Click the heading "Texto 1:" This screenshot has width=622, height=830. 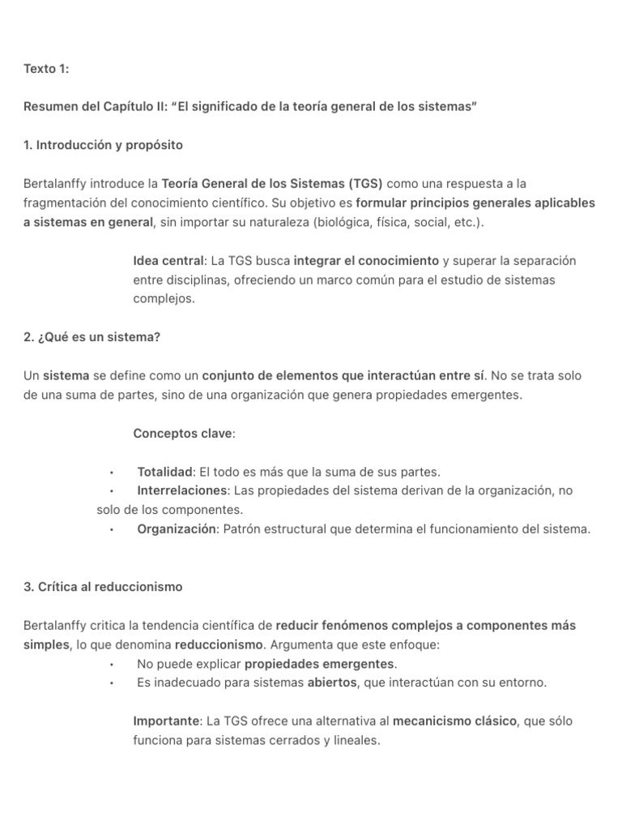point(46,69)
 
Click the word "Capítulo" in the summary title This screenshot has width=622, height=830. point(128,107)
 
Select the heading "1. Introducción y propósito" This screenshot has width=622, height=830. point(103,145)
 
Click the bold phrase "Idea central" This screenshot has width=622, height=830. point(168,261)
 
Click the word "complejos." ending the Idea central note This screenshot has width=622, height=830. point(164,298)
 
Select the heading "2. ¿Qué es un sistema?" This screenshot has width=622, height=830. point(92,337)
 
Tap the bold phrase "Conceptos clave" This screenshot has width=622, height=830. point(182,434)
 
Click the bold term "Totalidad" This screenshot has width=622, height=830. point(165,472)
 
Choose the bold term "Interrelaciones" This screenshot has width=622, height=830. point(182,490)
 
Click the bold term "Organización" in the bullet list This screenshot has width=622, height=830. point(177,529)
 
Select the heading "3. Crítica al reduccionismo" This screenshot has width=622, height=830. point(103,587)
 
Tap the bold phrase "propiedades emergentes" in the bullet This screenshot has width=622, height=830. point(318,664)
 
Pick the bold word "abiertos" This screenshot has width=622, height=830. point(331,682)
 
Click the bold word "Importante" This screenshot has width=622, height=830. point(165,721)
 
